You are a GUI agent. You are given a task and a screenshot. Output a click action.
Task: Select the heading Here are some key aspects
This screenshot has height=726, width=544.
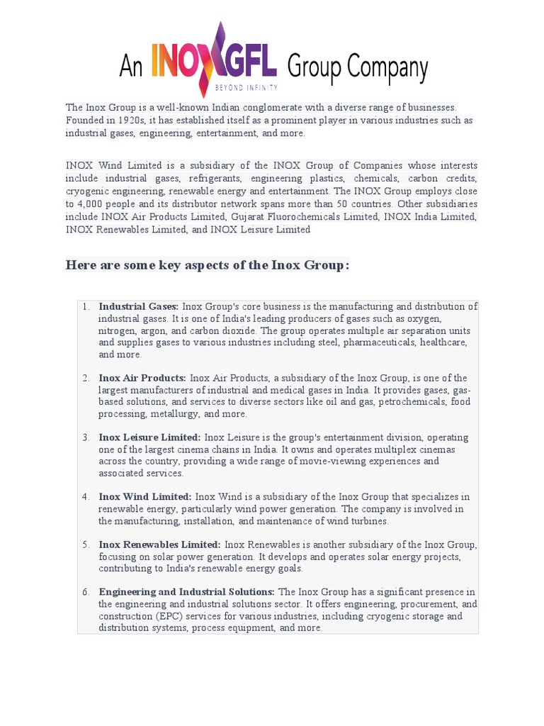207,265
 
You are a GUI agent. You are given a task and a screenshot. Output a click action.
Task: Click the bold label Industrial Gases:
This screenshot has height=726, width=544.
138,307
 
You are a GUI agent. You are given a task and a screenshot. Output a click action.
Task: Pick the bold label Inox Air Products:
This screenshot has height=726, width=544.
142,379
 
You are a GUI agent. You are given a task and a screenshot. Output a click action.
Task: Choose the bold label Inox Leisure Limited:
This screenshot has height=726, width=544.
149,438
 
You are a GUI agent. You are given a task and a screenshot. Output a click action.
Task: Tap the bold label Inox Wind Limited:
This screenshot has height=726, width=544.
145,497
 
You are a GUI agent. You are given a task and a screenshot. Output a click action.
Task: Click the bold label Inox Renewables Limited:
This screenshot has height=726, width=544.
159,544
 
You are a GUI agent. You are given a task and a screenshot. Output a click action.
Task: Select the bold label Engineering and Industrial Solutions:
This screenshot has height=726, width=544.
186,592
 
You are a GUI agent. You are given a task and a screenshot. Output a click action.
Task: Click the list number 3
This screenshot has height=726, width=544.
85,438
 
